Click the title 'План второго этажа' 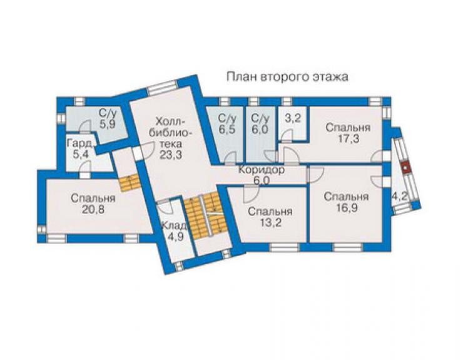click(287, 77)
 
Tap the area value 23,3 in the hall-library click(170, 155)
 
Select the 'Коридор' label click(262, 170)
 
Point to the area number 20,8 click(93, 209)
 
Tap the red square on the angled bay click(407, 168)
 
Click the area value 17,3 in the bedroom click(348, 138)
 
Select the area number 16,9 click(347, 208)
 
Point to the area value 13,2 click(270, 222)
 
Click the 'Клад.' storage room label click(174, 225)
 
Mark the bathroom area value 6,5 click(226, 130)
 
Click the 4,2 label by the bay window click(400, 196)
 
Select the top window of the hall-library click(163, 88)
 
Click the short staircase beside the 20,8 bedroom click(130, 182)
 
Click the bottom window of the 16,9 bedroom click(348, 247)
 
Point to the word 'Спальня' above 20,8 click(93, 198)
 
